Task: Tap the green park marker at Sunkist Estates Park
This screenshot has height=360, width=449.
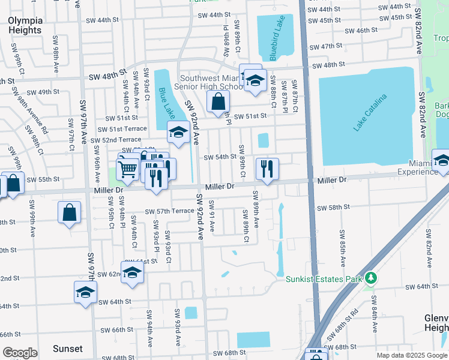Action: [372, 278]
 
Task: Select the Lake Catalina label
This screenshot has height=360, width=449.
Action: [370, 112]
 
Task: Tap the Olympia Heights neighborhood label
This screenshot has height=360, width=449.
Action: [25, 25]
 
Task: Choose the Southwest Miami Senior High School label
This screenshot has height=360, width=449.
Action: [203, 82]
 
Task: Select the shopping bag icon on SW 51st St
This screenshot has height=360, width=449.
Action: [218, 101]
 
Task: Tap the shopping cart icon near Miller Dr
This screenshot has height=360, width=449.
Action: [127, 170]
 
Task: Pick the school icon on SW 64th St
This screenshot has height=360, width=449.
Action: [85, 292]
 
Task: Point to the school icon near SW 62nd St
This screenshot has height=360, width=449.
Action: [132, 272]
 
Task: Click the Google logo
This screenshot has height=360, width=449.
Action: [20, 353]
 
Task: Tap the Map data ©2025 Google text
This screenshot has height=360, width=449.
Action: [411, 355]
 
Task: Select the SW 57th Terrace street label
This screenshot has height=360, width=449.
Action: [170, 211]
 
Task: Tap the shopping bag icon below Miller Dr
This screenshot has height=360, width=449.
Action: [70, 212]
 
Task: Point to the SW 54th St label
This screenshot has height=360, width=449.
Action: [220, 157]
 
